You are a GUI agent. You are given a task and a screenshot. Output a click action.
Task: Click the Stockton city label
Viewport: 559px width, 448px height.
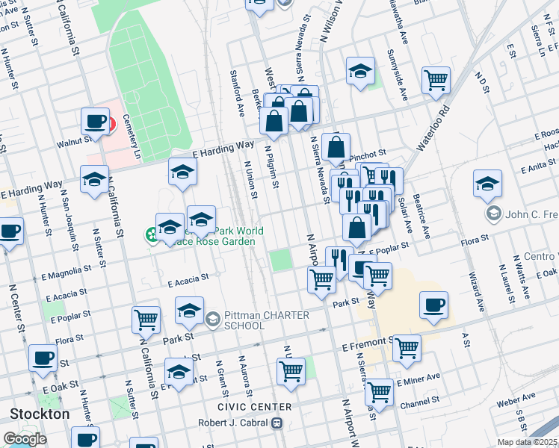[40, 414]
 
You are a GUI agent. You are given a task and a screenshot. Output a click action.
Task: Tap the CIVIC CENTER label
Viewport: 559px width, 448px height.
[254, 407]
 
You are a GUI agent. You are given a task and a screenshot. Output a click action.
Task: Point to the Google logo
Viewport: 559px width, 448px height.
[25, 439]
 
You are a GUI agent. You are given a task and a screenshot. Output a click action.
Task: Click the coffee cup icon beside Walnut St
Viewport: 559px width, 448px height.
[96, 121]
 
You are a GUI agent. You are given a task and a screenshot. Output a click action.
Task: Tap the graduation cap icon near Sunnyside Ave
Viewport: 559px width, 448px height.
[360, 72]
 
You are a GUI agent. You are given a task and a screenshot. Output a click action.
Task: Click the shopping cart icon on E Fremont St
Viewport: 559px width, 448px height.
[407, 347]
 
